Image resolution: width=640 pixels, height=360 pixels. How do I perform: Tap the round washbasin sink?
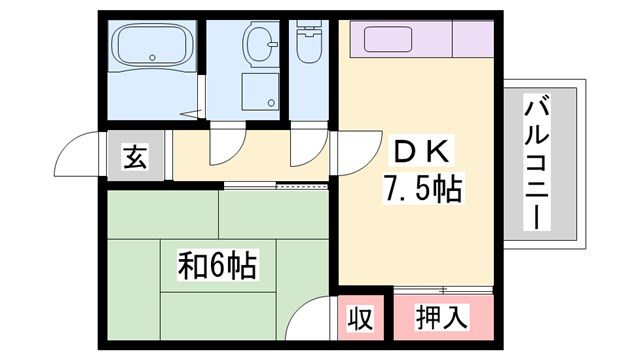click(x=262, y=44)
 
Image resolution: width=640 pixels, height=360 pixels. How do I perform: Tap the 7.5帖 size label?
click(x=421, y=187)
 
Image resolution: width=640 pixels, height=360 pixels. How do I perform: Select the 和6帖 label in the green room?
click(x=217, y=266)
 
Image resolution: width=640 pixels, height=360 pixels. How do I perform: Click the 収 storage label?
click(x=359, y=319)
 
